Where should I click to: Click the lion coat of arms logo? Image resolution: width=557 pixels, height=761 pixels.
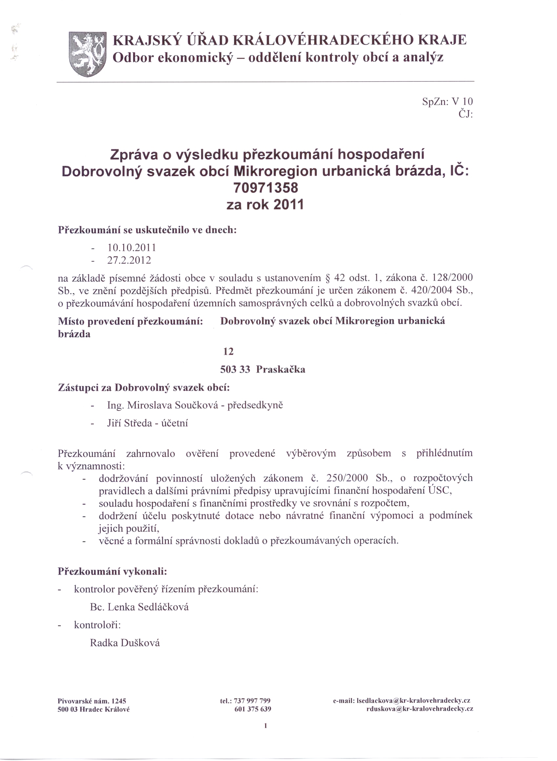[87, 54]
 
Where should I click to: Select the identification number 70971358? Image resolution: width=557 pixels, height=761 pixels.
[266, 188]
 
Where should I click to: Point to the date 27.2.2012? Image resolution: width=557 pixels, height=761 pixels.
[129, 260]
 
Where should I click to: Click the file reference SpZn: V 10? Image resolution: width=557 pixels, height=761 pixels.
[447, 102]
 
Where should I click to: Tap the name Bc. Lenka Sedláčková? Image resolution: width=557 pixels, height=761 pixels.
[139, 607]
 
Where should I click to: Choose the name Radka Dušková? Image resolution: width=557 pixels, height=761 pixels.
[125, 643]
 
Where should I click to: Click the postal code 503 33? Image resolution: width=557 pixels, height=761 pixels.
[235, 370]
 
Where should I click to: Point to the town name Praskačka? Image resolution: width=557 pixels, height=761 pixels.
[281, 370]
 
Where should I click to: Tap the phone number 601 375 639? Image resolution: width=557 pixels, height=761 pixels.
[252, 709]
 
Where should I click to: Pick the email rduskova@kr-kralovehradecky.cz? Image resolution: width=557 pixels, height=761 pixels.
[420, 709]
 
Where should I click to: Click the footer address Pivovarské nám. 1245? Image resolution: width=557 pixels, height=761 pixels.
[92, 701]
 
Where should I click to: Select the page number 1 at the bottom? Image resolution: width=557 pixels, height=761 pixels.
[266, 726]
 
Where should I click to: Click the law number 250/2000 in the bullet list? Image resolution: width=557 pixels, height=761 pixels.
[347, 478]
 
